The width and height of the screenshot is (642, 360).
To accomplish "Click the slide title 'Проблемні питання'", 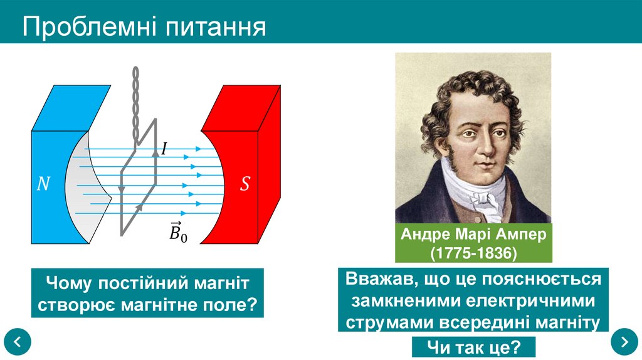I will [x=145, y=28].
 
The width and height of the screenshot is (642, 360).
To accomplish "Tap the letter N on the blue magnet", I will [x=43, y=184].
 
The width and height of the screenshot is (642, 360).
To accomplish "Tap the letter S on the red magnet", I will [x=245, y=184].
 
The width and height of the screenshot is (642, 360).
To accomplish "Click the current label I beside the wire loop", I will [x=164, y=149].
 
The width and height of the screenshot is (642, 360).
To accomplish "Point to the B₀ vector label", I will [x=178, y=232].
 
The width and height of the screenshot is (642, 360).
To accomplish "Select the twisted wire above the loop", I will [x=134, y=103].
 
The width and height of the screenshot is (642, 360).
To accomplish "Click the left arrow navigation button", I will [x=18, y=342].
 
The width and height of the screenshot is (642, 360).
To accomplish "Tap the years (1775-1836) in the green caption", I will [x=473, y=253].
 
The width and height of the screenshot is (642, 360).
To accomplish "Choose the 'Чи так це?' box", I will [x=473, y=347].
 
